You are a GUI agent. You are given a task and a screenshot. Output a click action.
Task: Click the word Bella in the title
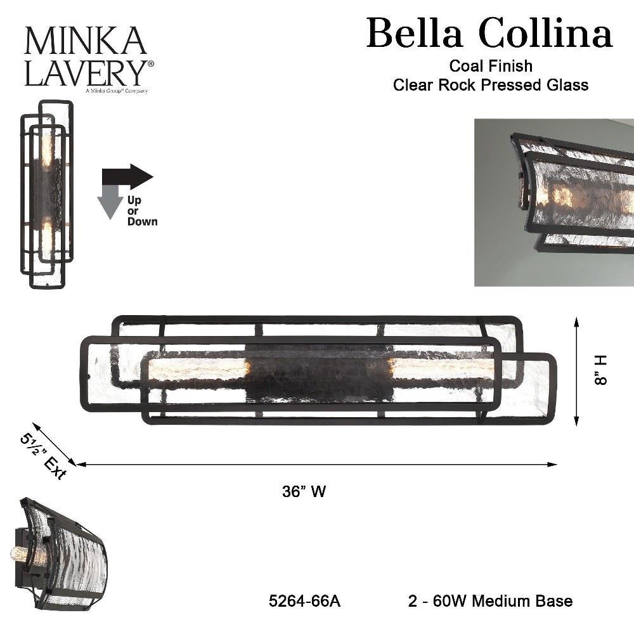[x=415, y=32]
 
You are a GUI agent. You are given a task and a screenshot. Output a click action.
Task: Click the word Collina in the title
[x=546, y=32]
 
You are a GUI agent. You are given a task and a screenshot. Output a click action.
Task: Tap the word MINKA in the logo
[x=86, y=41]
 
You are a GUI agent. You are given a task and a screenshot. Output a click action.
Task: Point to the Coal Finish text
[x=491, y=66]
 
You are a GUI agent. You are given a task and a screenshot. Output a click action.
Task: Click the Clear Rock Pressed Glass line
[x=491, y=85]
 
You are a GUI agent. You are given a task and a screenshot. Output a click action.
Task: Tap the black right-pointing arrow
[x=127, y=177]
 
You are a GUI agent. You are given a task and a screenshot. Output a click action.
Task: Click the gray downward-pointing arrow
[x=110, y=202]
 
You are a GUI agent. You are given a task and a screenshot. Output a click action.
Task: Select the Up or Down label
[x=142, y=210]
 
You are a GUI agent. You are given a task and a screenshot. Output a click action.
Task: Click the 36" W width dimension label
[x=304, y=492]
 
